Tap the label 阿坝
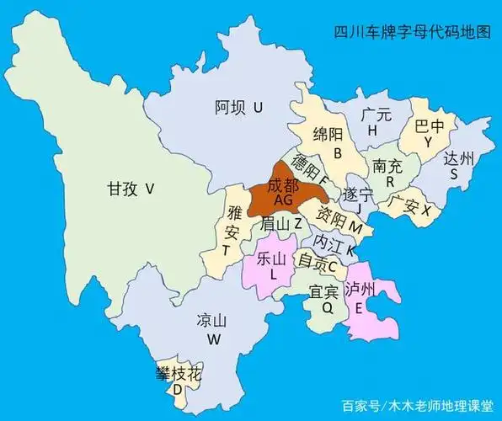pyautogui.click(x=230, y=107)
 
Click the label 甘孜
pyautogui.click(x=124, y=189)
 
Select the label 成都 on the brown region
pyautogui.click(x=281, y=186)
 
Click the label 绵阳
pyautogui.click(x=329, y=135)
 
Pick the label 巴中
pyautogui.click(x=429, y=126)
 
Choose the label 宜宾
pyautogui.click(x=324, y=292)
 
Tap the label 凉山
pyautogui.click(x=211, y=321)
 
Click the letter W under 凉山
pyautogui.click(x=213, y=339)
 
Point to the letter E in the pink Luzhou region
pyautogui.click(x=359, y=308)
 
